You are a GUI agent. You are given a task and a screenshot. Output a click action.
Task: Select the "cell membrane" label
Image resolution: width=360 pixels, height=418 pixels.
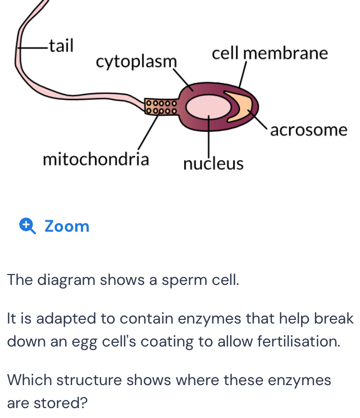pyautogui.click(x=270, y=54)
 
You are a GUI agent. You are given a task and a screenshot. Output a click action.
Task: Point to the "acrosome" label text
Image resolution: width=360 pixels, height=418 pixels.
pyautogui.click(x=308, y=130)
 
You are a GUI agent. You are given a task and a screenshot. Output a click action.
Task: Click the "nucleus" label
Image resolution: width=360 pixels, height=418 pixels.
pyautogui.click(x=213, y=164)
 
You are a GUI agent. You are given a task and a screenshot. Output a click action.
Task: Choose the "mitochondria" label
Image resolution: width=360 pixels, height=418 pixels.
pyautogui.click(x=95, y=159)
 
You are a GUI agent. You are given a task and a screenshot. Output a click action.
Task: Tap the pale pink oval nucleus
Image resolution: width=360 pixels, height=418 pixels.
pyautogui.click(x=208, y=107)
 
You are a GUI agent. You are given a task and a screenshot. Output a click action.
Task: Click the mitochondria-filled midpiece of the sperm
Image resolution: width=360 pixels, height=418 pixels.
pyautogui.click(x=161, y=107)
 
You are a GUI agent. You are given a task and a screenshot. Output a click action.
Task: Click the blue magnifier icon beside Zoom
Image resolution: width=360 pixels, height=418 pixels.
pyautogui.click(x=27, y=226)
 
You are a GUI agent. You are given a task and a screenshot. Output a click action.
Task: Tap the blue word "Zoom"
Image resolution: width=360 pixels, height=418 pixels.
pyautogui.click(x=67, y=226)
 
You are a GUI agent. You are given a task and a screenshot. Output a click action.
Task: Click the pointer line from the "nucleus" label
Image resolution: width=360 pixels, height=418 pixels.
pyautogui.click(x=209, y=136)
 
